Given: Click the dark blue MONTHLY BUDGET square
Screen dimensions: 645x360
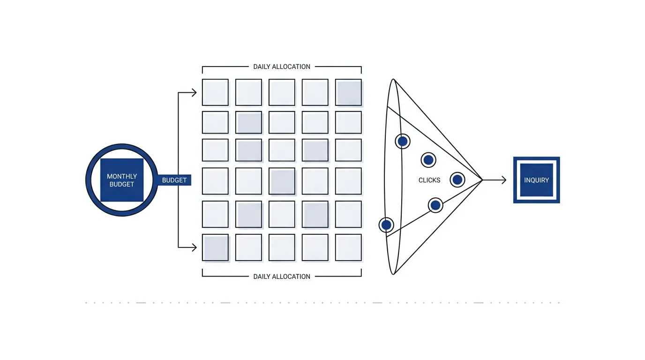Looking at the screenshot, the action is (122, 180).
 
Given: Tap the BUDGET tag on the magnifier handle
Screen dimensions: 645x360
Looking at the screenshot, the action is (174, 180).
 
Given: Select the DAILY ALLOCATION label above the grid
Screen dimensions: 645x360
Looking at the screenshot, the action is (282, 67).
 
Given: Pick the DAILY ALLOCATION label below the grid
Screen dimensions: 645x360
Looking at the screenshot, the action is (282, 277).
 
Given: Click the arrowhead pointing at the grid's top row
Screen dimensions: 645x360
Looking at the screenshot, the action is (195, 92).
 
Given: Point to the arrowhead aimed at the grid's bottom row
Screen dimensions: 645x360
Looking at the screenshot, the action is (195, 247).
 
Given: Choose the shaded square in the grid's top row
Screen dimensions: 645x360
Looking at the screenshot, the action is (348, 92).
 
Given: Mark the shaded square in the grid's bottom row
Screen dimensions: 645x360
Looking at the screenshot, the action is (215, 247).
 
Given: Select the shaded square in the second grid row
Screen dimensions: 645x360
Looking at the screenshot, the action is (248, 122).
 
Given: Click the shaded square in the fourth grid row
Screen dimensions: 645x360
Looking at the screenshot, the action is (282, 181).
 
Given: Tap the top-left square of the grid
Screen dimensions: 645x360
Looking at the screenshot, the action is (215, 92).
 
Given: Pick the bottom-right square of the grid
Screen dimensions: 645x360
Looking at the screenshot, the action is (348, 247).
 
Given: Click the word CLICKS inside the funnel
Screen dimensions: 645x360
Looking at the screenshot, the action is (429, 180).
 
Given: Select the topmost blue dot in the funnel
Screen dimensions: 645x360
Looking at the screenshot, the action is (403, 142).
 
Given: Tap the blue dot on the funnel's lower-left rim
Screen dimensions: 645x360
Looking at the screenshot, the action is (386, 225).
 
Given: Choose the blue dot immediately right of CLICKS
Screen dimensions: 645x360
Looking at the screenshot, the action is (457, 180).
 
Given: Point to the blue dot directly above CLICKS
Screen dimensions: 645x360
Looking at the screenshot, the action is (428, 160).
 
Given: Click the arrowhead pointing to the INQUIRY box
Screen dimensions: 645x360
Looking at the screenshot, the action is (504, 180).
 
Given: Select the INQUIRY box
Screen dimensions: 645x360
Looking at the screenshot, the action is (536, 180).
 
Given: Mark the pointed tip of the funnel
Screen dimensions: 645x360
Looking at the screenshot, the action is (482, 180).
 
